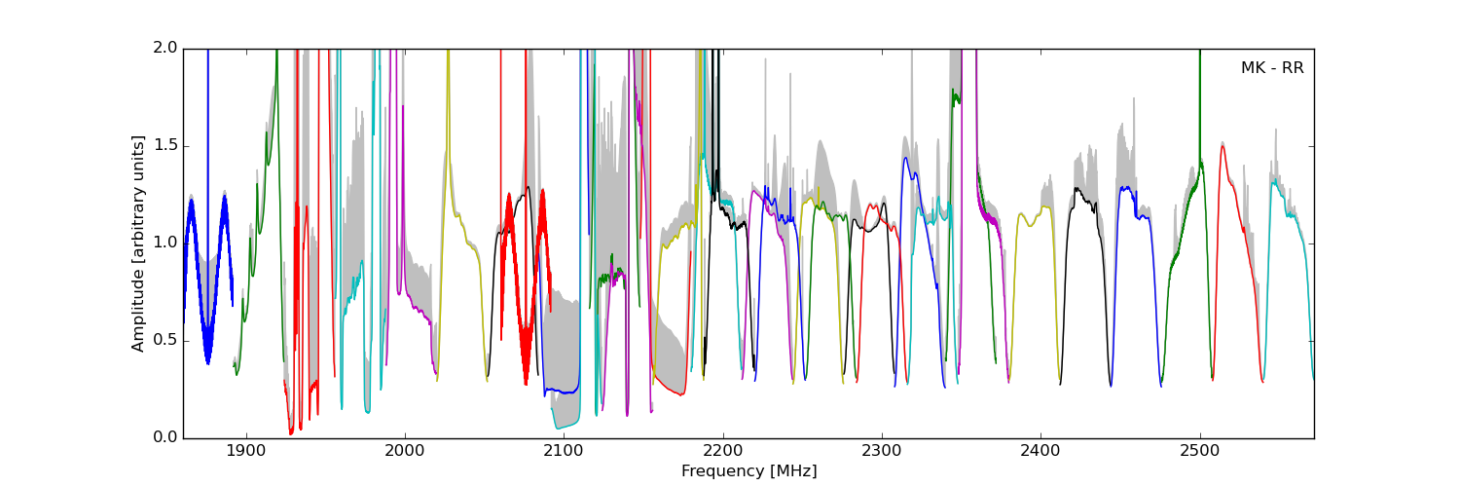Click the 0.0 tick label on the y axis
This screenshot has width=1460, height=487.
click(165, 438)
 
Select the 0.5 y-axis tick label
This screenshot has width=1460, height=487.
click(165, 341)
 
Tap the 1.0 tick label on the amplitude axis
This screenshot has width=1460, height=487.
click(165, 243)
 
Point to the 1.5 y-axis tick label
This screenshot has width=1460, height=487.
click(165, 146)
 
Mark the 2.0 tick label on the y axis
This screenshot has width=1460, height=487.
click(165, 49)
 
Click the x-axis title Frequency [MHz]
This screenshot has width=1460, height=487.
click(748, 471)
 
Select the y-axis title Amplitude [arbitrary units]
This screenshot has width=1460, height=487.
click(138, 243)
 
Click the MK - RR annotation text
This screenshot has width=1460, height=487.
click(1271, 68)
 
